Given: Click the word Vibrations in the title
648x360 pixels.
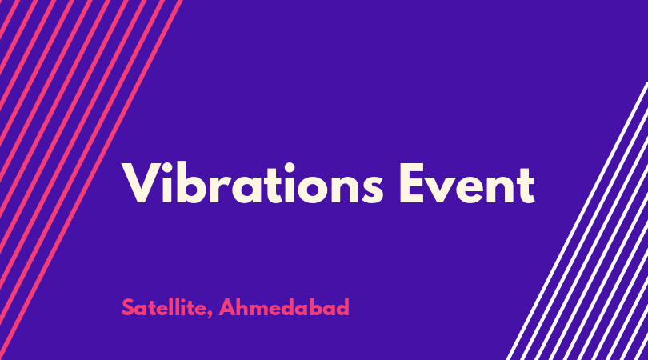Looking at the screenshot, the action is (253, 182).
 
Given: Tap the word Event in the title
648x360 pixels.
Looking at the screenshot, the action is (467, 182).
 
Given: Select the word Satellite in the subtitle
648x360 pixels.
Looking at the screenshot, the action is (165, 307).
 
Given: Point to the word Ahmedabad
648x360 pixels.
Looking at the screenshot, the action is (284, 307).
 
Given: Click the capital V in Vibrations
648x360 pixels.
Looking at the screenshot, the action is (142, 182).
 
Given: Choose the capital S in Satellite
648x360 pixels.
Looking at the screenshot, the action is (127, 307).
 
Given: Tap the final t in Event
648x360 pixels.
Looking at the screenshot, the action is (525, 186).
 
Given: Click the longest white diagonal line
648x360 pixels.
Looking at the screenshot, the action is (577, 221).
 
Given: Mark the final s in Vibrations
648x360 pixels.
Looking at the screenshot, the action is (373, 189).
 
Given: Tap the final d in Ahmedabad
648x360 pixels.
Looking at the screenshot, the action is (344, 307).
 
